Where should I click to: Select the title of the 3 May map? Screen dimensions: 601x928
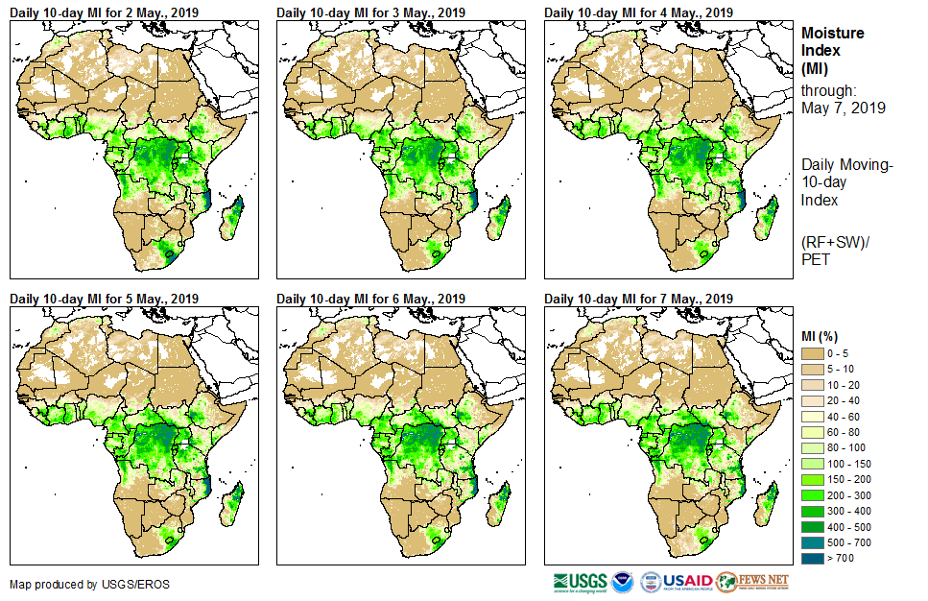[x=370, y=12]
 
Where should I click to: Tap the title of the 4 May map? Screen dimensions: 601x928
[x=638, y=12]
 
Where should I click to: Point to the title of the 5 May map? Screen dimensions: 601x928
[x=104, y=299]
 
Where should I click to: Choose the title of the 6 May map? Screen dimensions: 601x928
[x=370, y=299]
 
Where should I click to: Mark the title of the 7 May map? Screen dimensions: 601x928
[x=638, y=299]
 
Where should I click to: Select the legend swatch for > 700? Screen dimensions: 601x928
[x=813, y=556]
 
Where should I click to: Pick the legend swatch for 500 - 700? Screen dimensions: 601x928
[x=813, y=541]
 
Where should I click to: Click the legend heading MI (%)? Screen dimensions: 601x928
[x=822, y=334]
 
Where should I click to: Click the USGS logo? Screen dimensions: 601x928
[x=580, y=582]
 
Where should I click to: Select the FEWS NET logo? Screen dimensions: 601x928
[x=752, y=582]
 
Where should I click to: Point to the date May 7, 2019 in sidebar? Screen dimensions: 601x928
[x=844, y=108]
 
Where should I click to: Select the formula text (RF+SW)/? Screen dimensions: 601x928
[x=835, y=240]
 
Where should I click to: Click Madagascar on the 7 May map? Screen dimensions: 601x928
[x=769, y=504]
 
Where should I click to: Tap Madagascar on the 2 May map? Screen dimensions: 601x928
[x=233, y=218]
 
